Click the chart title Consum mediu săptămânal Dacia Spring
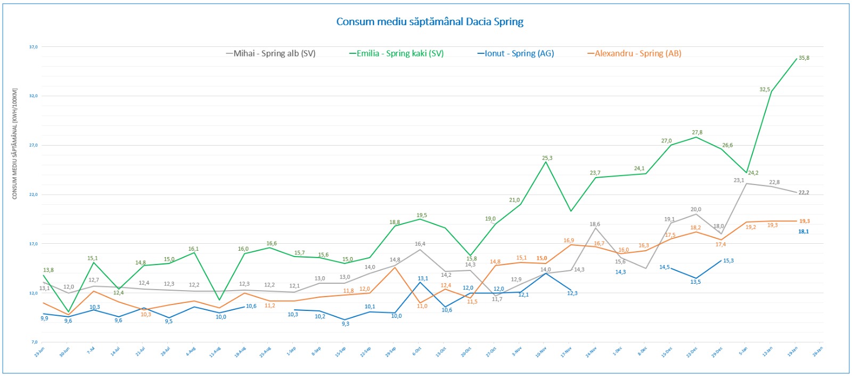[x=430, y=22]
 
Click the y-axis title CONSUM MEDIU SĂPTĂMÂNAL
[x=15, y=144]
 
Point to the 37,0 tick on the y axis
[x=34, y=47]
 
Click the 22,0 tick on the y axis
[x=34, y=195]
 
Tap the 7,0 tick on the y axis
[x=35, y=342]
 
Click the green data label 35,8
[x=804, y=58]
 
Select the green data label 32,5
[x=765, y=90]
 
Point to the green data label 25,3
[x=547, y=158]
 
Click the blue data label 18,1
[x=803, y=231]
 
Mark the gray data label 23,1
[x=739, y=180]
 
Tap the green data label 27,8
[x=697, y=132]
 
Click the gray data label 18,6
[x=595, y=224]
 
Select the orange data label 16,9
[x=569, y=241]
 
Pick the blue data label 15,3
[x=728, y=261]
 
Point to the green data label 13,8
[x=48, y=270]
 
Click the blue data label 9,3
[x=346, y=324]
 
